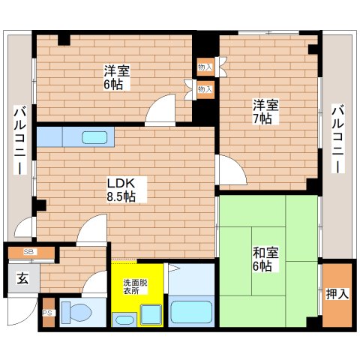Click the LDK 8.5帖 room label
point(121,188)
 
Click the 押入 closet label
point(337,294)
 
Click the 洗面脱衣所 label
point(136,286)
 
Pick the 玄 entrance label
point(22,279)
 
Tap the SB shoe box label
point(28,252)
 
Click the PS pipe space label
point(46,313)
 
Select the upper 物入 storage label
point(205,67)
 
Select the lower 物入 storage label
point(205,89)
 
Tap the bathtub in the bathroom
point(193,312)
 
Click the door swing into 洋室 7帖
point(229,171)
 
